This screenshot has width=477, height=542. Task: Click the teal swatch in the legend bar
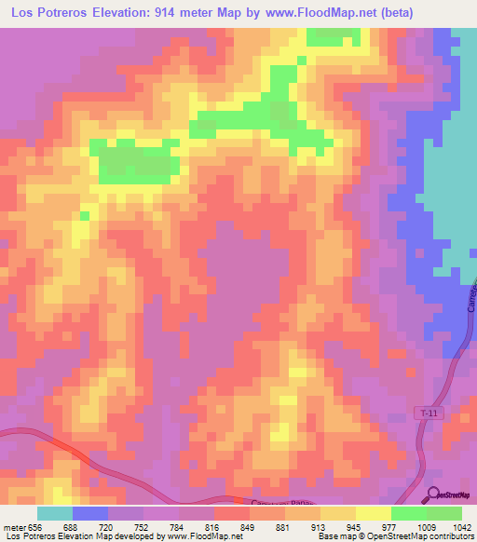[55, 513]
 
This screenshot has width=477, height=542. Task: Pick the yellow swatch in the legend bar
[373, 513]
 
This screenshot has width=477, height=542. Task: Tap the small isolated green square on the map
[84, 216]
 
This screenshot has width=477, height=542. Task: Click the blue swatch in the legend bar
[90, 513]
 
